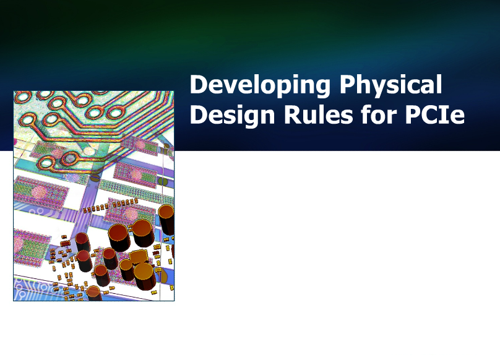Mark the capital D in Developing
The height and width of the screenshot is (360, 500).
tap(197, 84)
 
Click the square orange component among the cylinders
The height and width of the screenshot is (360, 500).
tap(138, 258)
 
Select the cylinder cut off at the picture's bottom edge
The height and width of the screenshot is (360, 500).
tap(94, 293)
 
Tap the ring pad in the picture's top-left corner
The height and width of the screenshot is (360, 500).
tap(22, 96)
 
